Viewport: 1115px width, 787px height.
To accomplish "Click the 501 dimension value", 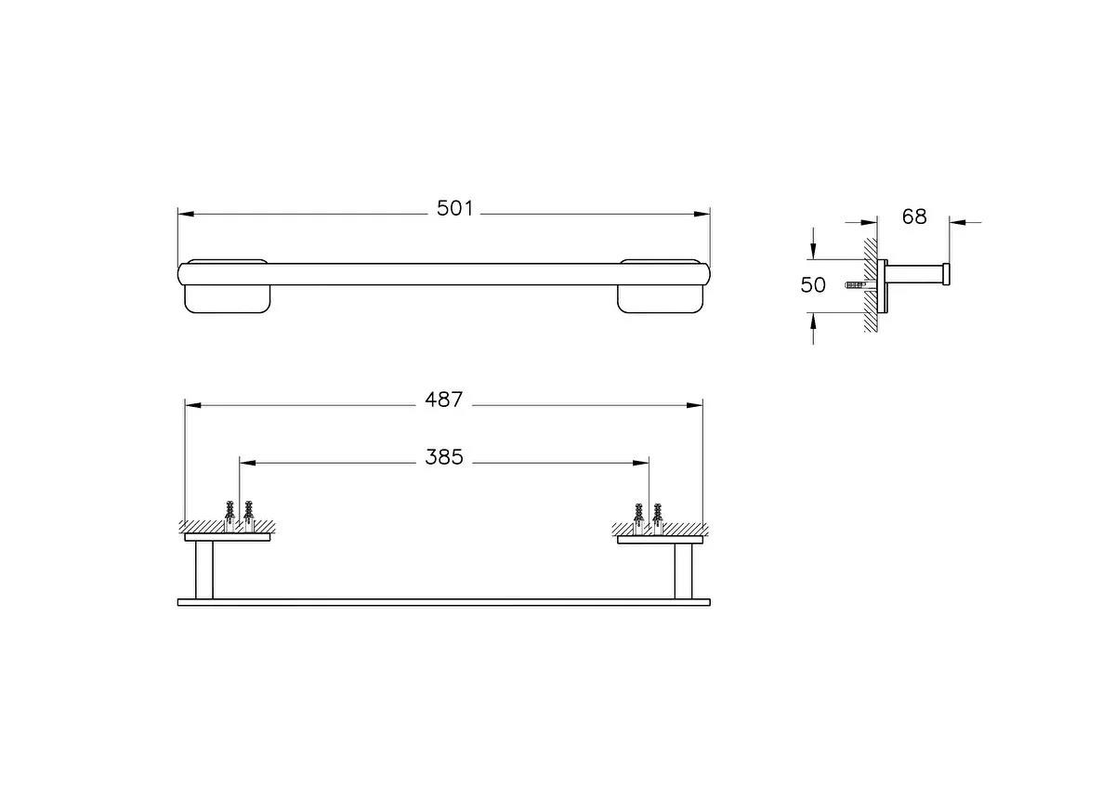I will tap(455, 210).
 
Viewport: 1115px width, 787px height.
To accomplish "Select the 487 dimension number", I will tap(443, 400).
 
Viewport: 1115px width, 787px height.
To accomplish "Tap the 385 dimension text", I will tap(444, 457).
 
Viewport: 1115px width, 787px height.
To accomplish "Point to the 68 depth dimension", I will tap(914, 216).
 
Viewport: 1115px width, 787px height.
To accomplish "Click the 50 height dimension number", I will tap(813, 285).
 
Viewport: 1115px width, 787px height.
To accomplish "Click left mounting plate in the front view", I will tap(228, 298).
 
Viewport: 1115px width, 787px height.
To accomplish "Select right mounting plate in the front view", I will tap(660, 298).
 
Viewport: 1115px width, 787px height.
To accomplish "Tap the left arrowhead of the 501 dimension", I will tap(185, 214).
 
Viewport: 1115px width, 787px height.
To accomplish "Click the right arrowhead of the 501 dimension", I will tap(702, 214).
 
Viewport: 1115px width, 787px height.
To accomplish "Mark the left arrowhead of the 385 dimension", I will tap(247, 462).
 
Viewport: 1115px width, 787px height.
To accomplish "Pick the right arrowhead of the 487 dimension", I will tap(695, 405).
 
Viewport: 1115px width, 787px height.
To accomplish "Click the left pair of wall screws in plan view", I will tap(239, 512).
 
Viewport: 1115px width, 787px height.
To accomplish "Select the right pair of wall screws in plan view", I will tap(648, 514).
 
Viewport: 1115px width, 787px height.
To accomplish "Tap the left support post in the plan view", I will tap(203, 570).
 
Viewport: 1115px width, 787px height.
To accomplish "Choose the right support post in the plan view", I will tap(683, 570).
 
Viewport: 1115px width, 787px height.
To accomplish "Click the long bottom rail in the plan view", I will tap(443, 602).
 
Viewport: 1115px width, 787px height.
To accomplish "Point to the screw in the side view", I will tap(856, 285).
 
